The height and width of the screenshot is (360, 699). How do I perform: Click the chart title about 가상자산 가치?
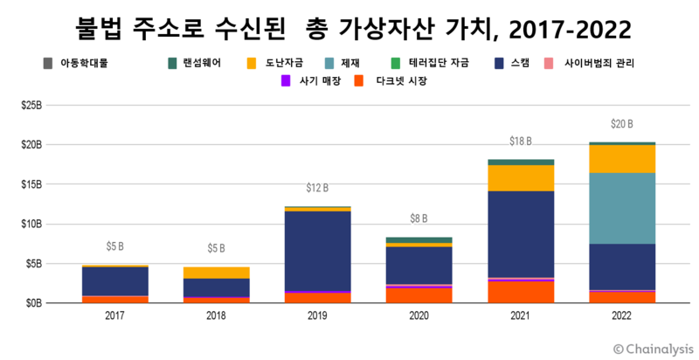349,29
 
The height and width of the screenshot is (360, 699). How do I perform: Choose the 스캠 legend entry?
521,63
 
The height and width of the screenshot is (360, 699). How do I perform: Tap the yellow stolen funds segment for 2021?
522,177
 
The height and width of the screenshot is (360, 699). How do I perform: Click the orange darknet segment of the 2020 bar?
419,294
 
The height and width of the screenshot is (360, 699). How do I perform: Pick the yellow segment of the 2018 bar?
216,273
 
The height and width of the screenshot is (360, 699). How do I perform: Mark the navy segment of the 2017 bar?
114,281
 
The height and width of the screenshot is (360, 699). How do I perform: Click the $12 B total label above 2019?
317,188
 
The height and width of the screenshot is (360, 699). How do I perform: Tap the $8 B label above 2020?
419,218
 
